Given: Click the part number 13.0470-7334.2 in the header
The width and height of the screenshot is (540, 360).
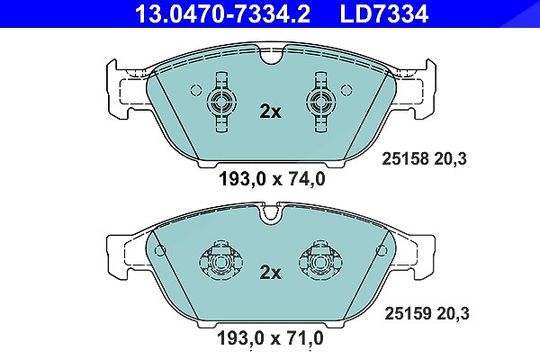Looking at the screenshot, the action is [x=222, y=13].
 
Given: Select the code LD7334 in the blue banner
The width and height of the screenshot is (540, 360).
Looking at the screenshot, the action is [x=384, y=13].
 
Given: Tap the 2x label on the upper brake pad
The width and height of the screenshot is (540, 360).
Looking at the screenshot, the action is [x=270, y=112].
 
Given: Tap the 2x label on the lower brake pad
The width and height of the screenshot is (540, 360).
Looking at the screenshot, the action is [x=270, y=273].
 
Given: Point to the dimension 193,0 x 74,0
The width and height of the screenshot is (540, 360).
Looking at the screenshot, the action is [x=272, y=179].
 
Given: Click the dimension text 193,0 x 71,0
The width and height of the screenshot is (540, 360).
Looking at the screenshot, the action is [x=270, y=338].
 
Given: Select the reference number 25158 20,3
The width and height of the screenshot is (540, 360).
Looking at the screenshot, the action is [x=424, y=158].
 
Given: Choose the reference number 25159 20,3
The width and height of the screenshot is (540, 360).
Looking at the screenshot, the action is [x=427, y=313].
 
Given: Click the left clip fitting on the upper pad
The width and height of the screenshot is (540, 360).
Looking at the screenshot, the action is [x=221, y=103].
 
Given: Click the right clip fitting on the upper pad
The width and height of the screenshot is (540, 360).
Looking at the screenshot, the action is [x=321, y=103].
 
